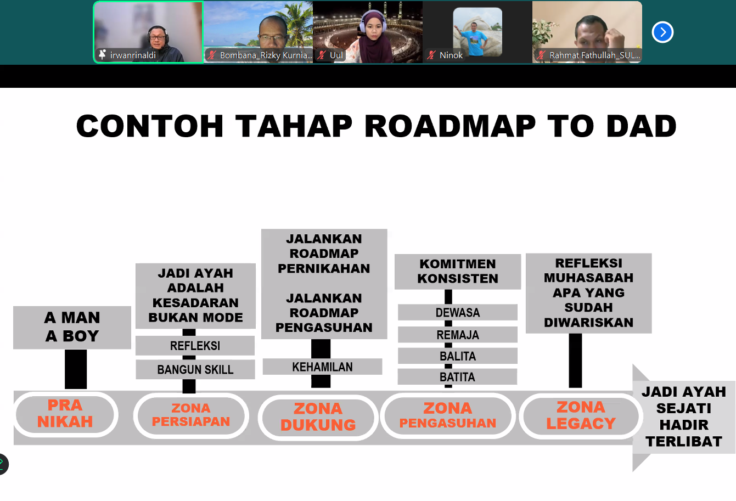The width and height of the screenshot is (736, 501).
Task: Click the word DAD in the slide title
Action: click(641, 126)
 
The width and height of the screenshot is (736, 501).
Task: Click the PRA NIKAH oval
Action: click(65, 414)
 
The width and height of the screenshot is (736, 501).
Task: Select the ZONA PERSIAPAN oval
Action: click(191, 415)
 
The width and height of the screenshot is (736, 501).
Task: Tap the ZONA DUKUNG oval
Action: click(318, 417)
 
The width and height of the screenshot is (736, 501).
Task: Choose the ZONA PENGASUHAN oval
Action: click(448, 415)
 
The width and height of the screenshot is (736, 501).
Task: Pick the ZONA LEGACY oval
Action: click(581, 415)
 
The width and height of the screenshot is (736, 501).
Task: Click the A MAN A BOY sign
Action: click(72, 327)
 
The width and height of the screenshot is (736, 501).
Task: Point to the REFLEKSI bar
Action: click(195, 346)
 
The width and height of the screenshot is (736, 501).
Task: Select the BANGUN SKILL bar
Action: click(195, 369)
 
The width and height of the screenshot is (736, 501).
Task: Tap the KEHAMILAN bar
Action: click(322, 367)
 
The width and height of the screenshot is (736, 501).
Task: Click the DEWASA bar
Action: click(457, 312)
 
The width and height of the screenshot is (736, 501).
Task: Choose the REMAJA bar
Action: click(457, 335)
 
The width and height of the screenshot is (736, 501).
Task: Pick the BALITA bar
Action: click(457, 356)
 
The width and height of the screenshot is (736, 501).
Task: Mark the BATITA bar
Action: click(457, 377)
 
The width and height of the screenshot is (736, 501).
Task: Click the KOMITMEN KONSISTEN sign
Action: click(457, 271)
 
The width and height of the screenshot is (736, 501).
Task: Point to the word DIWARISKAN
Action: click(588, 322)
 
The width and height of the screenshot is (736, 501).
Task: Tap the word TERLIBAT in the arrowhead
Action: click(683, 441)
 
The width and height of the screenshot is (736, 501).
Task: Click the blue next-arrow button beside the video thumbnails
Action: click(662, 32)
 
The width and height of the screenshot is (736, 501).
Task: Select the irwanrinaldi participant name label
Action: click(133, 55)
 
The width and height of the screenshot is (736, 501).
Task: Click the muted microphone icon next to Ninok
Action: click(431, 55)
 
